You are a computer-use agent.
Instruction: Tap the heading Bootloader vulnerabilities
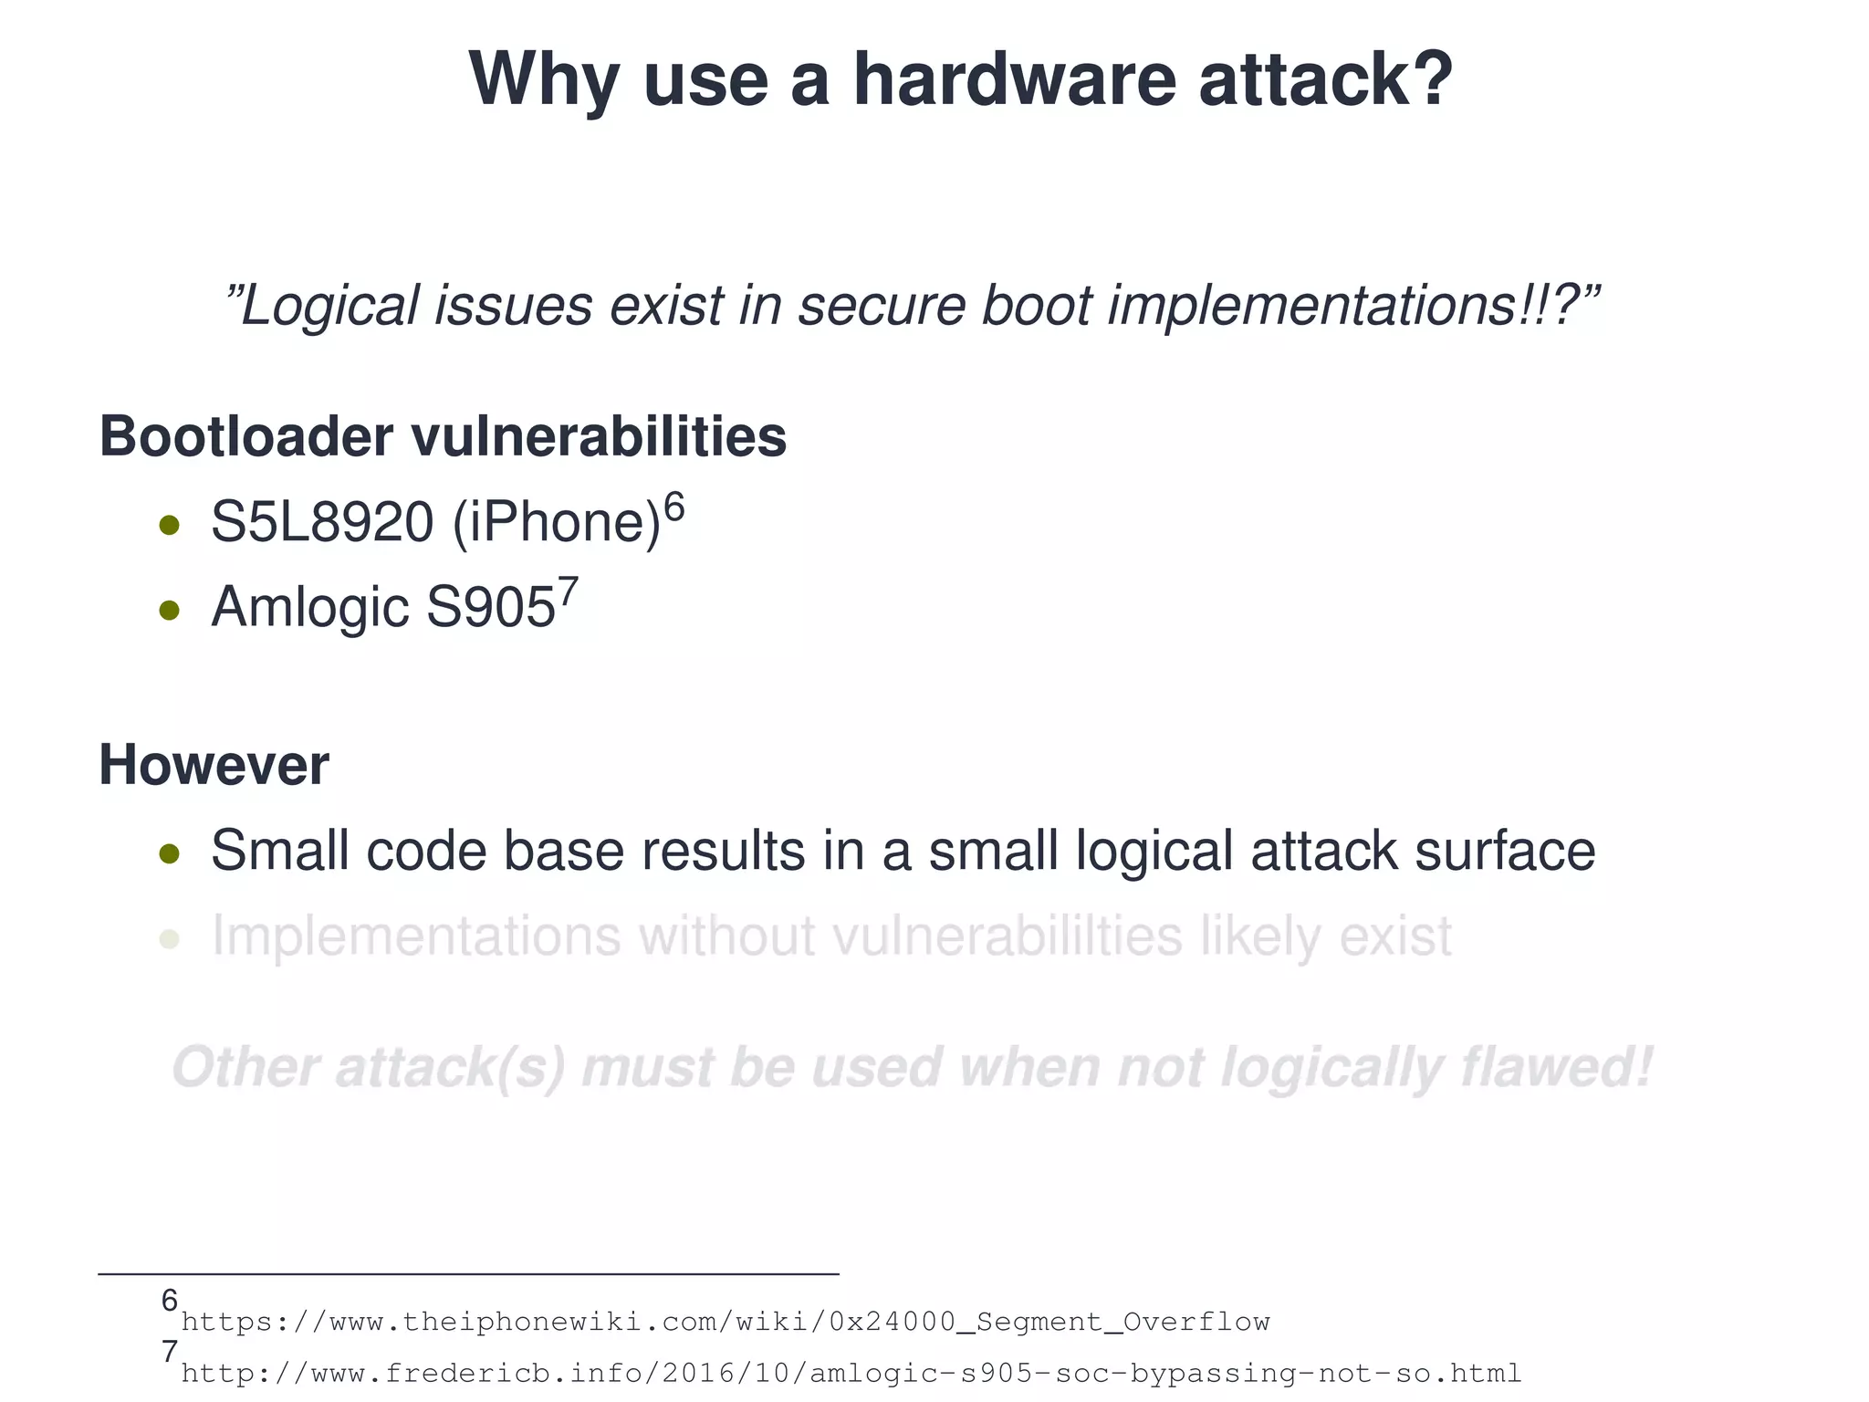point(443,436)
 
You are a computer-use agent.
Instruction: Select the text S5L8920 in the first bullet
point(321,522)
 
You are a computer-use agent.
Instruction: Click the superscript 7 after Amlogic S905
point(568,591)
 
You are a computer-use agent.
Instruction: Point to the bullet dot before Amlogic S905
point(169,609)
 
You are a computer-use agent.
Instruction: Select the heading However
point(214,765)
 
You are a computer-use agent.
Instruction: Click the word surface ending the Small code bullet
point(1504,851)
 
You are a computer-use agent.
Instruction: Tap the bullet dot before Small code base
point(169,853)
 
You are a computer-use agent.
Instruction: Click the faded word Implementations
point(415,936)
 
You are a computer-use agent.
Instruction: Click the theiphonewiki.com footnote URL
point(726,1322)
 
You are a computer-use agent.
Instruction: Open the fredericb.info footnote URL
point(851,1373)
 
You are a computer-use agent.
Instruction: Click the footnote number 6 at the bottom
point(169,1300)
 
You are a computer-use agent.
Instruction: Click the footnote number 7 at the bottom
point(169,1352)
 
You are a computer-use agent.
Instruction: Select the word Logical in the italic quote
point(329,305)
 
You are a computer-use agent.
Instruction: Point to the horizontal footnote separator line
point(468,1273)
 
